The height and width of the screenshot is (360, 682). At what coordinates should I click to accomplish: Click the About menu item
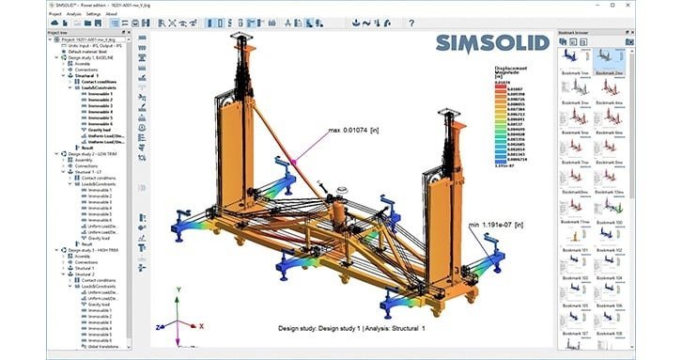(112, 14)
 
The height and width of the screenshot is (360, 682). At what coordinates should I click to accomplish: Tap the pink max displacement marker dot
(296, 161)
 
